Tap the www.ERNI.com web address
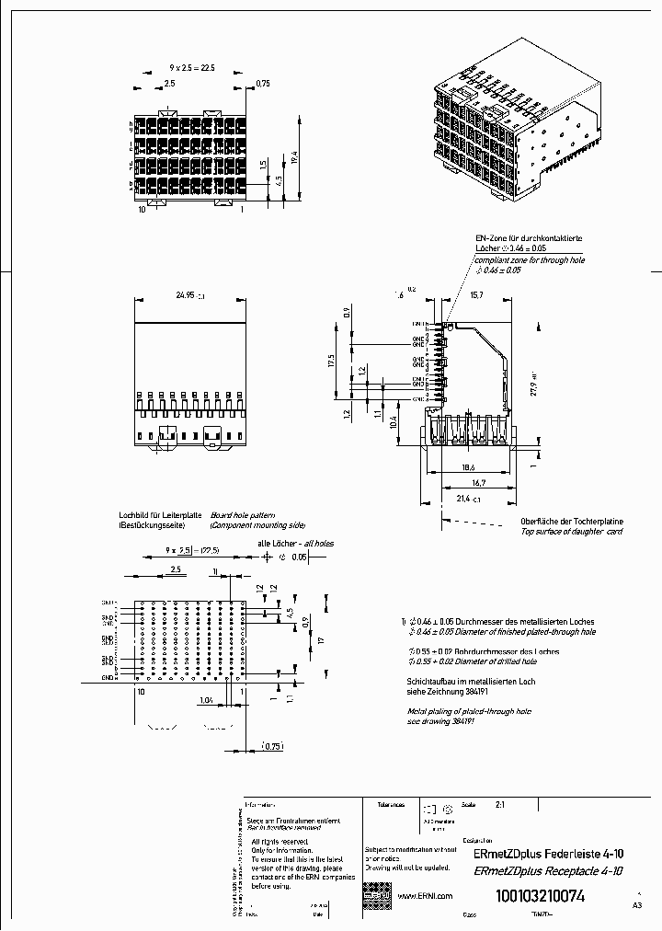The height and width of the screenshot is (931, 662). click(x=425, y=896)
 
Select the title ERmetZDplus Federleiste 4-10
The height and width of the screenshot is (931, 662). click(x=547, y=854)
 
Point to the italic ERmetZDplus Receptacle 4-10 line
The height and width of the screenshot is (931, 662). click(x=547, y=871)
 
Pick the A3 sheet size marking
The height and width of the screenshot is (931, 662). click(x=638, y=906)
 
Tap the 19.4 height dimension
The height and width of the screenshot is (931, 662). click(x=293, y=156)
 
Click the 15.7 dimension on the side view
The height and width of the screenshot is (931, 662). click(x=476, y=296)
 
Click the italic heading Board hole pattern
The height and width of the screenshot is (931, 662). click(x=243, y=515)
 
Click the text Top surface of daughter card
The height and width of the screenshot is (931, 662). click(x=571, y=532)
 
